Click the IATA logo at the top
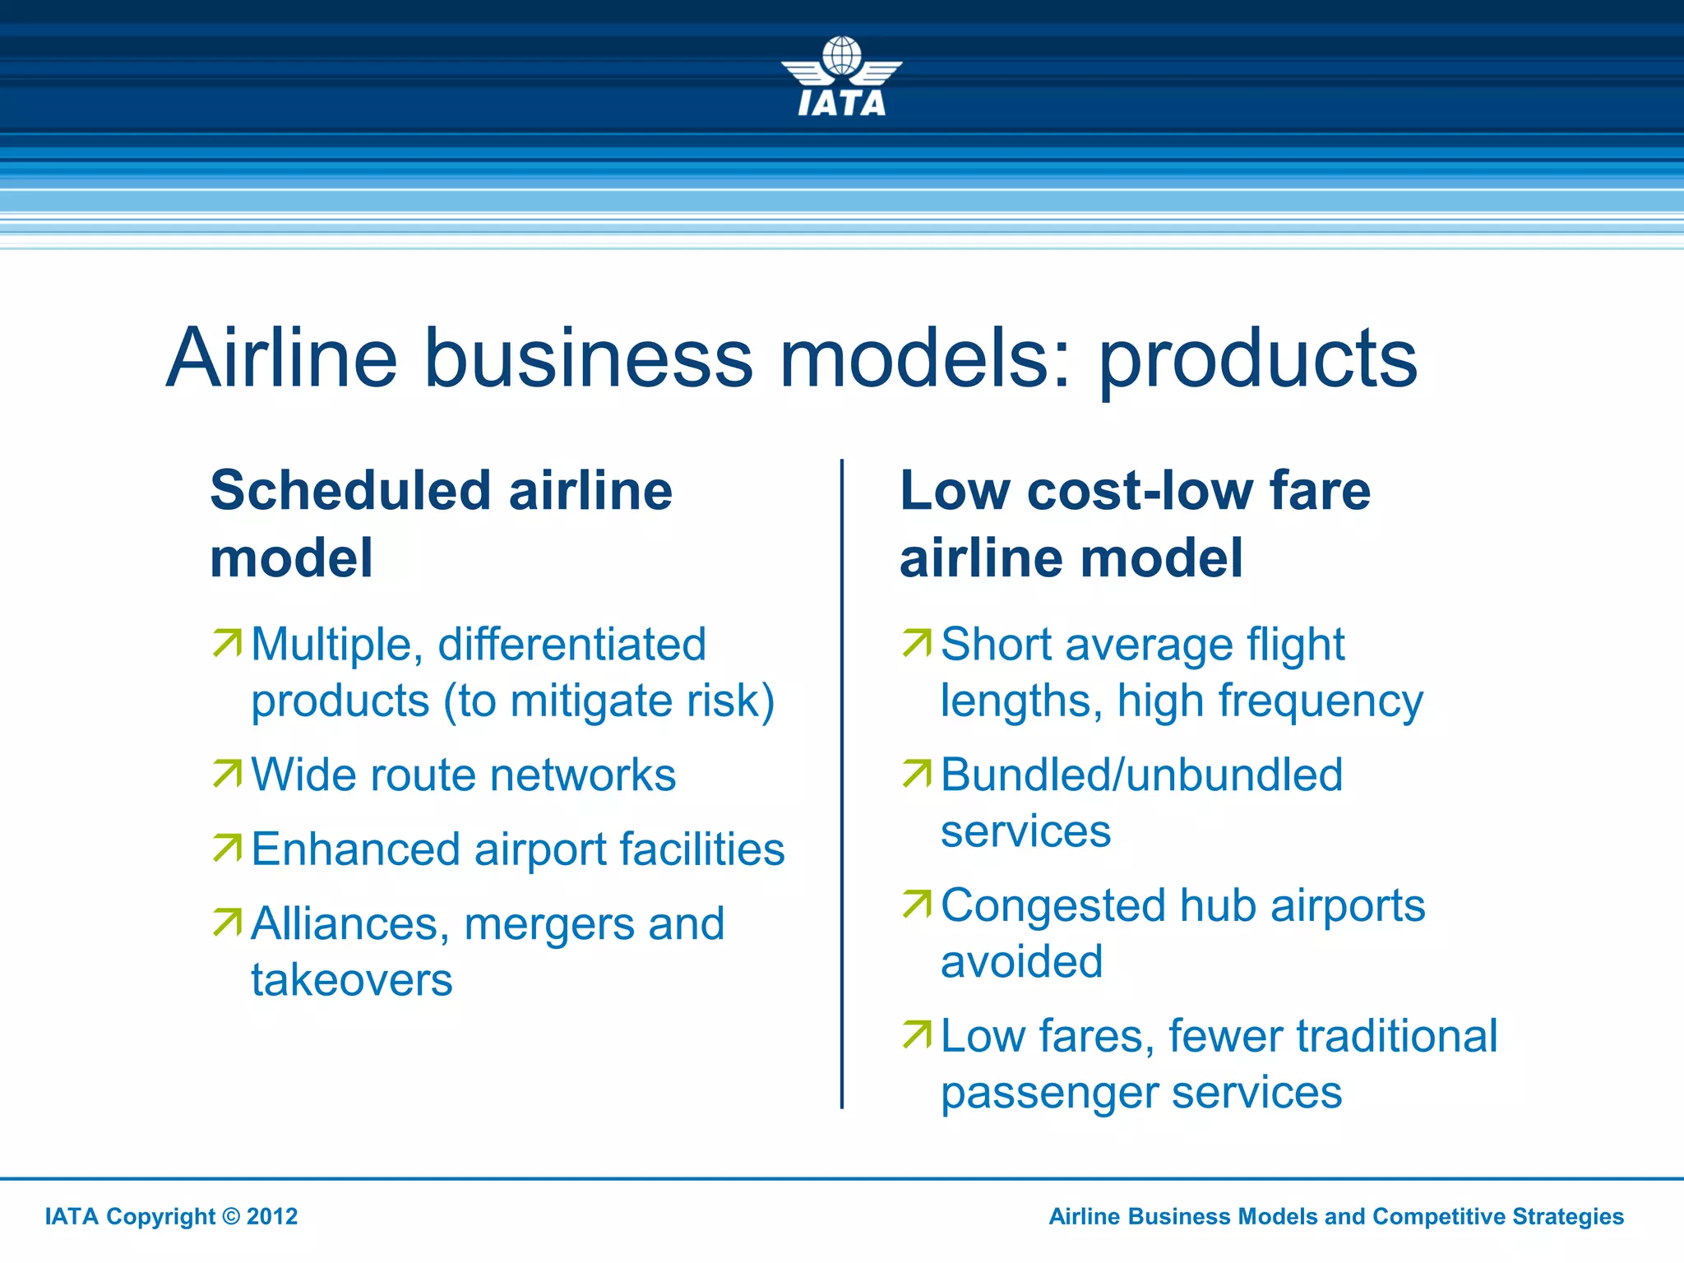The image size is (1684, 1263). coord(841,76)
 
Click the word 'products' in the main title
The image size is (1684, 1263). coord(1258,359)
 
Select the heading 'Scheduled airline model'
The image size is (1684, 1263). coord(441,524)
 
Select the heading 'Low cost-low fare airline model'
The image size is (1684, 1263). coord(1135,524)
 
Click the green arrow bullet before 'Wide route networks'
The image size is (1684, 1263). coord(228,773)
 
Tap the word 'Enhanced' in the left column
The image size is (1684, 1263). coord(355,849)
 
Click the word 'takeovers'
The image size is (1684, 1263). coord(352,980)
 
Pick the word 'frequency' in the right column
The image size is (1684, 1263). coord(1321,701)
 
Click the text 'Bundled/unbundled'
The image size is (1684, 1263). coord(1141,775)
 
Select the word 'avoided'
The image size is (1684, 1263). coord(1021,962)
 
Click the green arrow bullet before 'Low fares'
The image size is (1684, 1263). coord(917,1034)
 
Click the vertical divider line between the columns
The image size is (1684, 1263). coord(842,781)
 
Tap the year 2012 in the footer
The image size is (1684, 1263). coord(272,1216)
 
